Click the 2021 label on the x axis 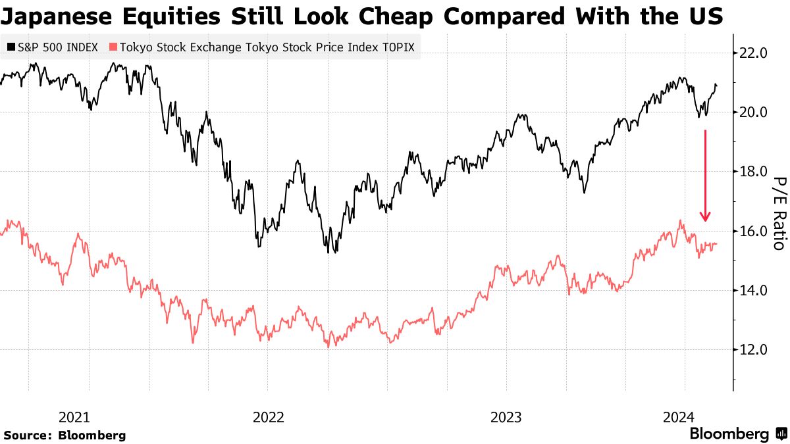[74, 417]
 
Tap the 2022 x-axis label [268, 417]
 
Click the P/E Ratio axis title [778, 213]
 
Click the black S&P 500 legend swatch [11, 47]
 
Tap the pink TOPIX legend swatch [113, 47]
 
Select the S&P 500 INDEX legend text [57, 47]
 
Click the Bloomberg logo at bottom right [737, 433]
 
